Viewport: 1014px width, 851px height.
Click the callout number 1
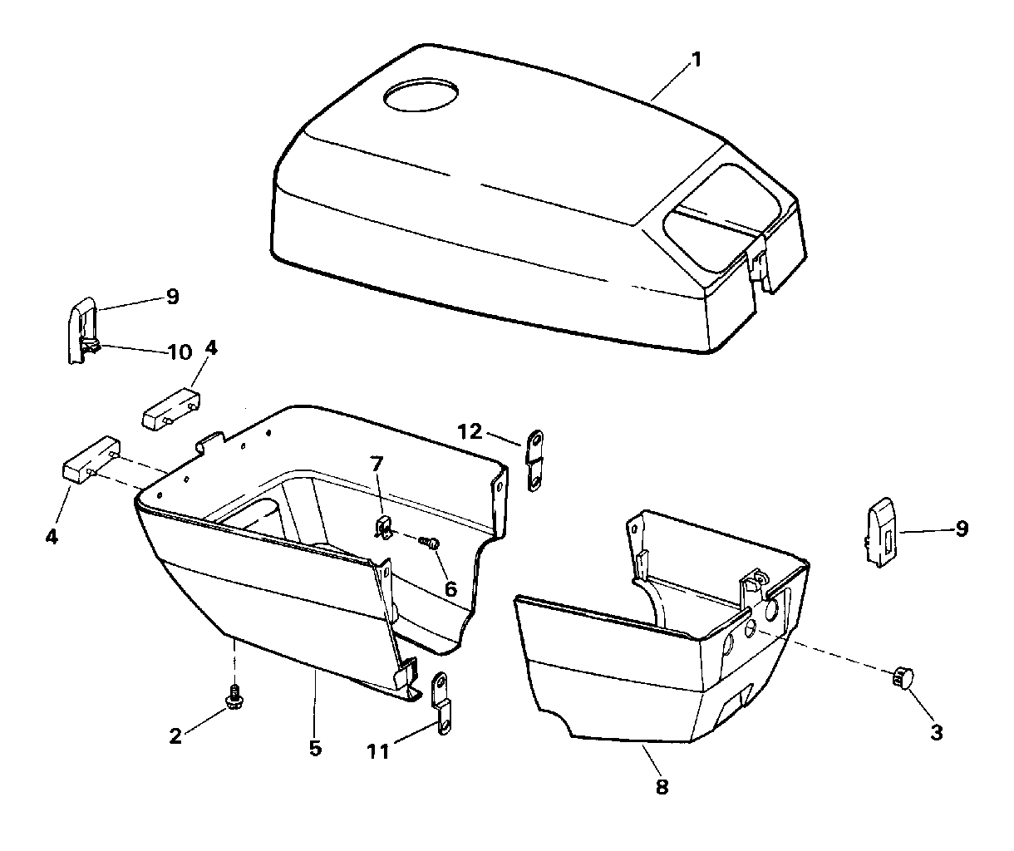(697, 59)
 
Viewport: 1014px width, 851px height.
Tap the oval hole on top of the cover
(421, 95)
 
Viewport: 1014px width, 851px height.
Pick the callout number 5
(314, 748)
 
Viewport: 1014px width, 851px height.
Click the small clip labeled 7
(382, 527)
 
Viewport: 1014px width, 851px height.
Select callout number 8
(662, 785)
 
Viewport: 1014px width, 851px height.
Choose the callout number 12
(469, 430)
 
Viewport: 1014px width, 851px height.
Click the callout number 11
(378, 752)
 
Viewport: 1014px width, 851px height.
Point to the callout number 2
(175, 735)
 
